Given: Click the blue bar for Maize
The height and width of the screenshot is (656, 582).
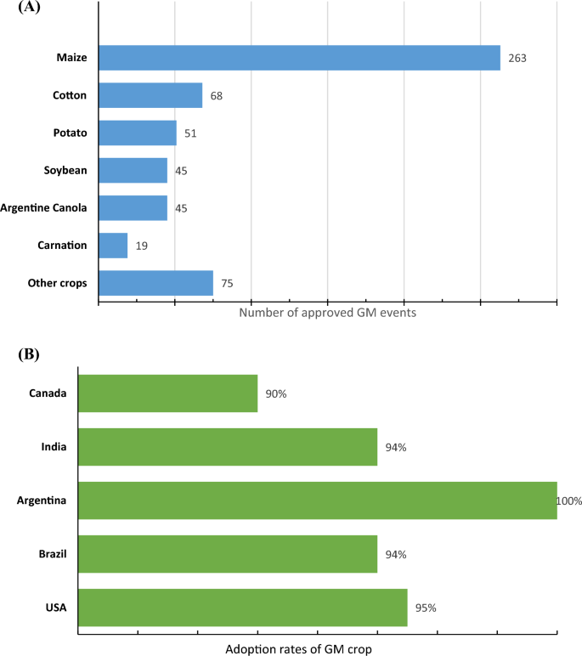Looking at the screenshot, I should [299, 58].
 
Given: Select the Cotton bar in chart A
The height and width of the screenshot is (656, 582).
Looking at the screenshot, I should [150, 95].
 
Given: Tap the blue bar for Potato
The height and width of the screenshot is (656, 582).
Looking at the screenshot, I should [138, 133].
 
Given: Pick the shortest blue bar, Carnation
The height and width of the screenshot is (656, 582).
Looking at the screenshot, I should [113, 246].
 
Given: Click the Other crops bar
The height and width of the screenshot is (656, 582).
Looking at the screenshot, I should [155, 283].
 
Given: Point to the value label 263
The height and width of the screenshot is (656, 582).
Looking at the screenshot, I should [518, 59].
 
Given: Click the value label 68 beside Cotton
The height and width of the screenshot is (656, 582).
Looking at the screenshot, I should [217, 96].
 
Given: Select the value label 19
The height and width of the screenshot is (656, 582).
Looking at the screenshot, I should [142, 246].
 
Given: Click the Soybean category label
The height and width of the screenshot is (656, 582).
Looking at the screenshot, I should [65, 171].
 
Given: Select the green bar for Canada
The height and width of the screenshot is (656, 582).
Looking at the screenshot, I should [167, 393].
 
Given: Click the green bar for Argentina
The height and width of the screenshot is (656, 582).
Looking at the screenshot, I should [317, 500].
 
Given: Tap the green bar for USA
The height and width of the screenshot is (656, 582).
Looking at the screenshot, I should [242, 608].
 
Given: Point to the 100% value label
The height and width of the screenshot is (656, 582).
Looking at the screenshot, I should [568, 501].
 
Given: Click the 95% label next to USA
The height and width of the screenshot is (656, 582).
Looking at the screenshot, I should [427, 608].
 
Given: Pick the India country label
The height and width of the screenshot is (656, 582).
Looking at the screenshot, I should [55, 447].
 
